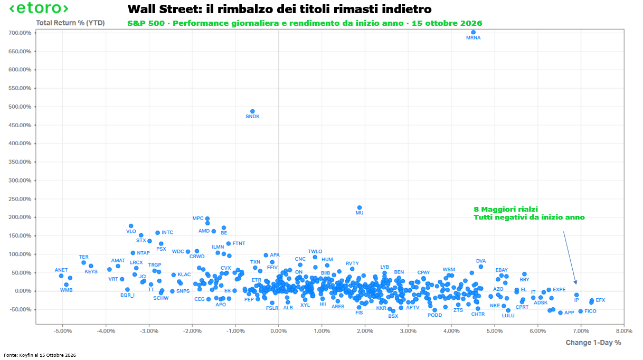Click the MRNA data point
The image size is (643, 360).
(x=474, y=32)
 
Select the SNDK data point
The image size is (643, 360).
(x=252, y=111)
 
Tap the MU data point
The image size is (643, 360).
(x=360, y=207)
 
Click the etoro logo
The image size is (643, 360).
(x=39, y=8)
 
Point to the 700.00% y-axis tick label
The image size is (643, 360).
(x=20, y=33)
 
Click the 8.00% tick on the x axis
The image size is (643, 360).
(x=624, y=331)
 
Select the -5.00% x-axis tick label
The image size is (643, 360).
(x=63, y=331)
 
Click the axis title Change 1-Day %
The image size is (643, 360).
(x=593, y=343)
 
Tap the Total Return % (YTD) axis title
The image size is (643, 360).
(x=70, y=23)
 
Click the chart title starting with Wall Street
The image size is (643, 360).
(x=280, y=9)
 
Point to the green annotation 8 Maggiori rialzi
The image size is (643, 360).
(x=506, y=209)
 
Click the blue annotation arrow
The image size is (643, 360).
(x=570, y=258)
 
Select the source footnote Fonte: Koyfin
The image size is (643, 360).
(x=40, y=355)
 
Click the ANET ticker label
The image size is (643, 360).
(x=61, y=270)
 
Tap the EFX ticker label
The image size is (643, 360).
(x=601, y=300)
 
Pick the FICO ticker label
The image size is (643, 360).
(x=590, y=311)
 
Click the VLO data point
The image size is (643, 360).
(x=131, y=226)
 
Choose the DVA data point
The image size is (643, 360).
(x=481, y=267)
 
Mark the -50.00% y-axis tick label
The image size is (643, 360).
(x=21, y=309)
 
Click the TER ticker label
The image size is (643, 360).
(x=84, y=257)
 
